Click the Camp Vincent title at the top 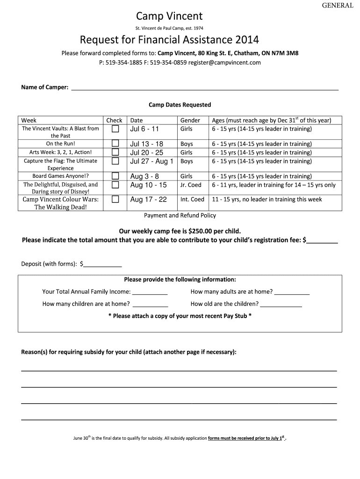pos(180,17)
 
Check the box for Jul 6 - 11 pos(115,129)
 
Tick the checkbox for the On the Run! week pos(115,144)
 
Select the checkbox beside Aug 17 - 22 pos(115,199)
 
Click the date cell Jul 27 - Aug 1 pos(151,161)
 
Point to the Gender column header pos(190,120)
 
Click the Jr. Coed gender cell pos(191,185)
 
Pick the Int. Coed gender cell pos(192,199)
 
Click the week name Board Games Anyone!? pos(60,176)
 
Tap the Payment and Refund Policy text pos(180,216)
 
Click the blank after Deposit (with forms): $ pos(102,264)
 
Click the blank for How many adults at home pos(292,292)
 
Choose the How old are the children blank pos(281,304)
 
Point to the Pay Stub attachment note pos(180,316)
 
